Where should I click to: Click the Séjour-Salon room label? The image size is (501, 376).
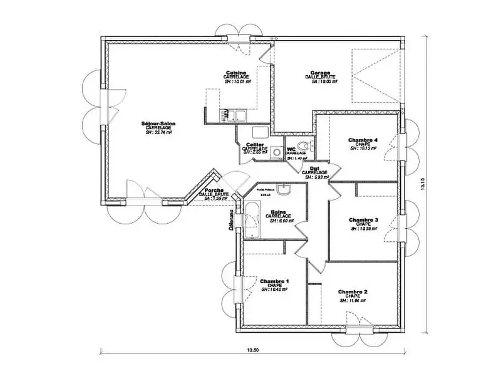point(158,123)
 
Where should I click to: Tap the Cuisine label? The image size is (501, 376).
point(237,72)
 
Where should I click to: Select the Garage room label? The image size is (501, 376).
point(320,72)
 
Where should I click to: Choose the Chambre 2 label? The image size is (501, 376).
point(353,292)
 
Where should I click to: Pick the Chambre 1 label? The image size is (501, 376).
point(274,281)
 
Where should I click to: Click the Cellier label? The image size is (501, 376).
point(254,144)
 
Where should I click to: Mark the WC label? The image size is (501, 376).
point(291,149)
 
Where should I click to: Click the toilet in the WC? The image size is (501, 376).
point(312,145)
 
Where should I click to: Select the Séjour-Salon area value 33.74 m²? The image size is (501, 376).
point(158,132)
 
